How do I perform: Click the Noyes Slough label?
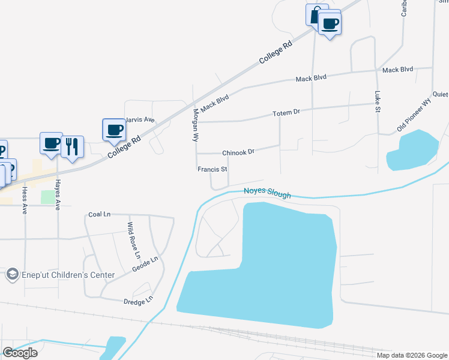[x=267, y=193]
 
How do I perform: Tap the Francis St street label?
[x=212, y=170]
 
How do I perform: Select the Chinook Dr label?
[x=238, y=152]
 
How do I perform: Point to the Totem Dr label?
[x=286, y=113]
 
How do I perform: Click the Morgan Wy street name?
[x=195, y=125]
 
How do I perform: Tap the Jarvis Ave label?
[x=140, y=120]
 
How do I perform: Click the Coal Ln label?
[x=100, y=214]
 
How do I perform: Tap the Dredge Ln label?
[x=138, y=301]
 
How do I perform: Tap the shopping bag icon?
[x=316, y=14]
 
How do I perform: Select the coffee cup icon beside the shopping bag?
[x=330, y=23]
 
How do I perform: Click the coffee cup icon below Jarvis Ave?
[x=114, y=128]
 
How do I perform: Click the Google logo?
[x=20, y=353]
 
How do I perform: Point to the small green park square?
[x=47, y=197]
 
